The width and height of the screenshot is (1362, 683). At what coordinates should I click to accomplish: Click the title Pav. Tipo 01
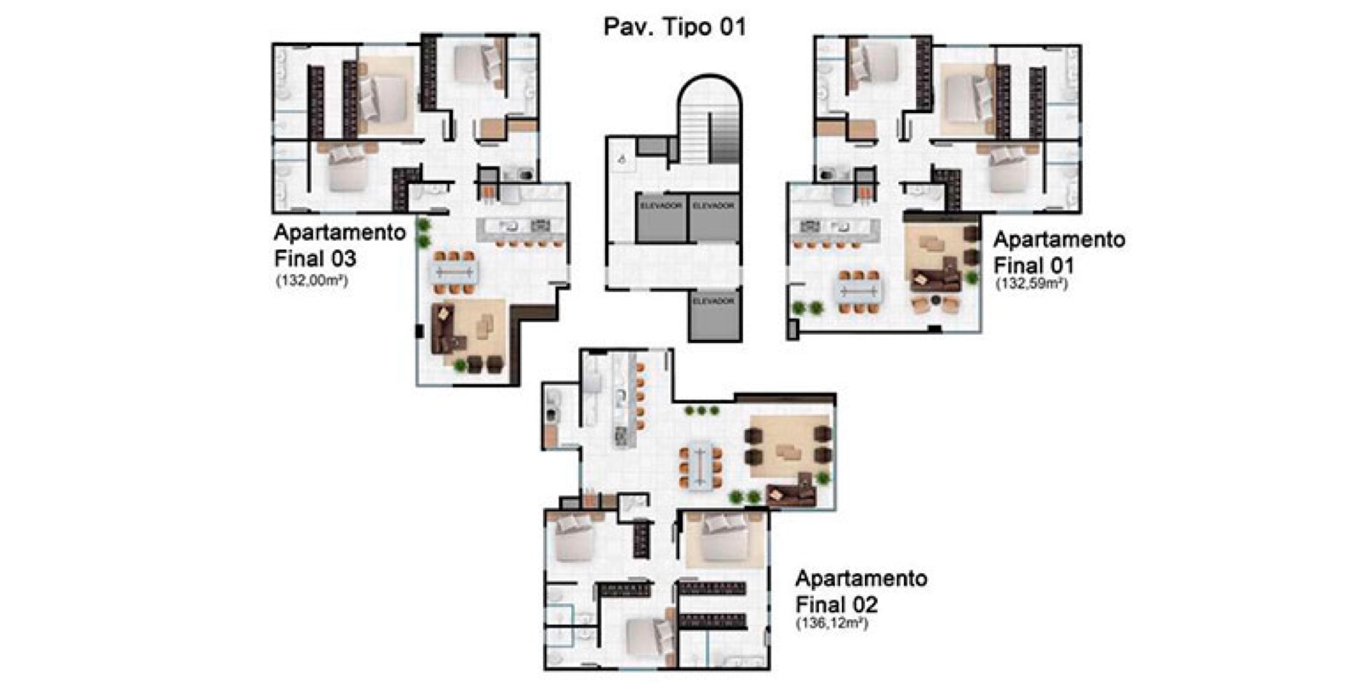[674, 27]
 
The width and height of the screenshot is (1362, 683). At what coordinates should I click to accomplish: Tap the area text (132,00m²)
[312, 281]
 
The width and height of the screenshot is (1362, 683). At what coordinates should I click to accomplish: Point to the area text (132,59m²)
[1031, 284]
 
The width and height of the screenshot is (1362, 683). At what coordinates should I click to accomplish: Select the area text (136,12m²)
[833, 623]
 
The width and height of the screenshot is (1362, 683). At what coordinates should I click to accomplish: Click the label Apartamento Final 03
[340, 245]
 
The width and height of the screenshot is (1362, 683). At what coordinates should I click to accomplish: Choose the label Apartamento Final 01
[1059, 252]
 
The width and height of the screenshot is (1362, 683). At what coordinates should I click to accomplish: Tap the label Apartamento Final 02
[861, 591]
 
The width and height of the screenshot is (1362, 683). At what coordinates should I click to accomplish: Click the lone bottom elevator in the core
[714, 316]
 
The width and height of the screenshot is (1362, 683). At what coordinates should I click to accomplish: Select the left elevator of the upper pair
[661, 218]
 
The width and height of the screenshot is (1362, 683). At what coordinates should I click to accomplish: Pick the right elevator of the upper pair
[714, 218]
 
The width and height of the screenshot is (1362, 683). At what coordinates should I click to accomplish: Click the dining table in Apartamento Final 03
[454, 272]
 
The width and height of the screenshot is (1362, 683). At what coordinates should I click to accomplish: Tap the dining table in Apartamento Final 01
[858, 291]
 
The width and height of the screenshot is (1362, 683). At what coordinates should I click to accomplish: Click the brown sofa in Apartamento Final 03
[445, 331]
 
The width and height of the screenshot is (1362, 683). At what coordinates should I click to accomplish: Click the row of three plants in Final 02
[701, 411]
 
